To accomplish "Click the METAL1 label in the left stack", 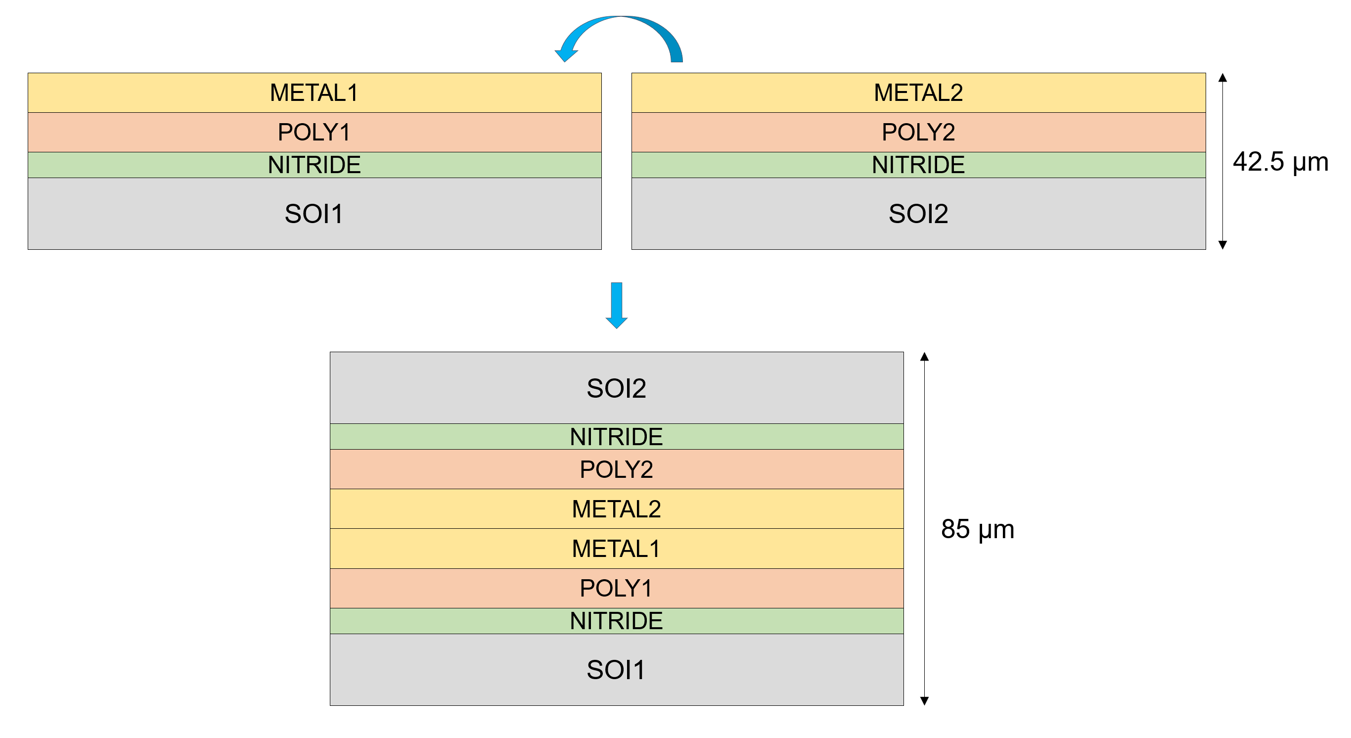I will click(x=314, y=93).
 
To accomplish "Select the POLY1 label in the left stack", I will click(x=314, y=132).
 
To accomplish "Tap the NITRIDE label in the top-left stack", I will click(x=314, y=165).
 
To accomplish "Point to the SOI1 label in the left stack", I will click(x=314, y=214).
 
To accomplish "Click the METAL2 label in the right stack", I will click(x=918, y=93).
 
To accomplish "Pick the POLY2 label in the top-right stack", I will click(x=918, y=132).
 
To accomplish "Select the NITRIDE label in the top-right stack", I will click(x=918, y=165).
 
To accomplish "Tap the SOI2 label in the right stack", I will click(x=918, y=214).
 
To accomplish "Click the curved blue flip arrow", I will click(x=622, y=26).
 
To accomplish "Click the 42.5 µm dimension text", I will click(x=1280, y=162).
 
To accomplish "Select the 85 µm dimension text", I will click(x=978, y=529).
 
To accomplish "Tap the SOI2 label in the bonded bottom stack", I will click(x=616, y=388).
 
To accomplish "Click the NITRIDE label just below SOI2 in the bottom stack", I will click(x=616, y=436).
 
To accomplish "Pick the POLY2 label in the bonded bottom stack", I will click(x=616, y=469).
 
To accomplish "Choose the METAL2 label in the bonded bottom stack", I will click(x=616, y=509).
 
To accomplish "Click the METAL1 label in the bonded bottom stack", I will click(x=616, y=549).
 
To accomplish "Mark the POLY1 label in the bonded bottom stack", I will click(x=616, y=588).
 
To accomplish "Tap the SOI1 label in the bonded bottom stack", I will click(x=616, y=670).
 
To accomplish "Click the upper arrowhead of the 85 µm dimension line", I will click(x=925, y=357).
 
